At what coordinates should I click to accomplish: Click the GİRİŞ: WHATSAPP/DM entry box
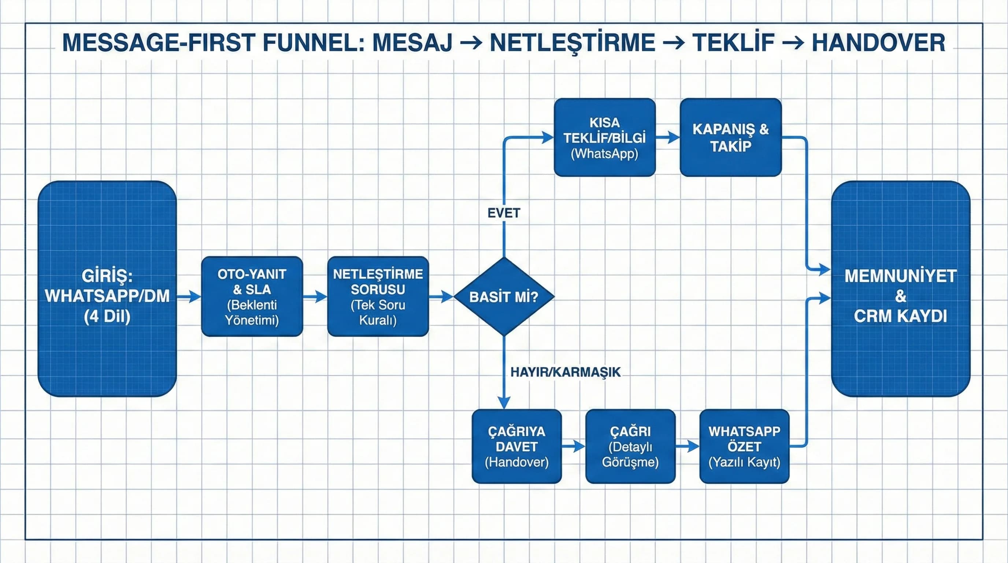click(x=107, y=288)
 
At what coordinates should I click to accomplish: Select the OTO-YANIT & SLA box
click(x=252, y=297)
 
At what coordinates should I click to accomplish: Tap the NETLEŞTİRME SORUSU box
click(x=378, y=297)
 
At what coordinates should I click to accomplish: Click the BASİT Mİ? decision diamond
click(x=504, y=297)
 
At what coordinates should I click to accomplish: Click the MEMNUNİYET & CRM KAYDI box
click(x=900, y=288)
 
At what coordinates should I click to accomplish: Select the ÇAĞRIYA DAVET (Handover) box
click(x=516, y=446)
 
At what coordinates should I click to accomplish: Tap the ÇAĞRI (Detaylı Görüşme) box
click(x=630, y=446)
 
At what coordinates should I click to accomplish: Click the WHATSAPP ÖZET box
click(x=744, y=446)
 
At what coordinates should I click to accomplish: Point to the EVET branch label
click(x=504, y=213)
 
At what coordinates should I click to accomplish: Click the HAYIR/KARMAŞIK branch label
click(x=565, y=372)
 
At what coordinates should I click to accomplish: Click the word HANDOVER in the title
click(x=878, y=43)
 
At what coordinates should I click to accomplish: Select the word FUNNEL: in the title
click(x=313, y=43)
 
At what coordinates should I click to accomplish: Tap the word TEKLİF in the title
click(x=733, y=43)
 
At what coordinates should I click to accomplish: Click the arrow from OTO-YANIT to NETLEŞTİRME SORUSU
click(x=315, y=297)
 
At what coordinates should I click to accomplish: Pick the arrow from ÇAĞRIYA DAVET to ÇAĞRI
click(x=574, y=446)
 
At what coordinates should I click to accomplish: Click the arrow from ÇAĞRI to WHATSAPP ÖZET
click(x=688, y=446)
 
